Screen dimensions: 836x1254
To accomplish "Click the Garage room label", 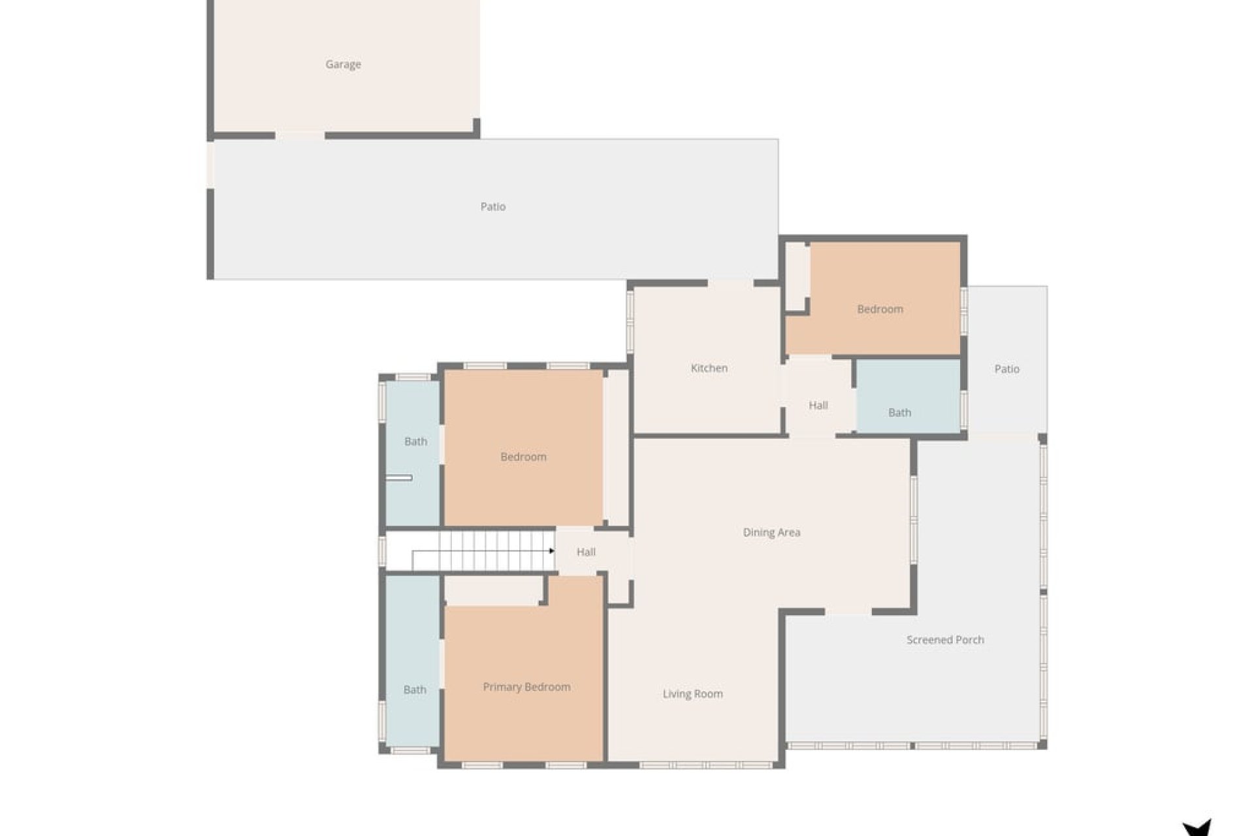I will tap(343, 64).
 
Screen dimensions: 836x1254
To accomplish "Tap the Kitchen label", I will tap(709, 368).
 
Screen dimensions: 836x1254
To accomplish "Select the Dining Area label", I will tap(771, 532).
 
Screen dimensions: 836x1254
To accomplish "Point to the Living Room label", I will tap(692, 694).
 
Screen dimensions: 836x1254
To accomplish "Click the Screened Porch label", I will tap(945, 640).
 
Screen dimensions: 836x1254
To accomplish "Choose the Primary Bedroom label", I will tap(526, 687).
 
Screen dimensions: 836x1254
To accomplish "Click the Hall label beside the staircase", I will tap(586, 552).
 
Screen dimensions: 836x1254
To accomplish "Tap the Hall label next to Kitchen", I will tap(818, 406).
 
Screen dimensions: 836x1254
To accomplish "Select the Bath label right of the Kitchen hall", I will tap(899, 413).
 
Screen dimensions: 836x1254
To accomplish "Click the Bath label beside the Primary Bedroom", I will tap(414, 690).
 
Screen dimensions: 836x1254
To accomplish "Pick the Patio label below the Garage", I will tap(492, 206).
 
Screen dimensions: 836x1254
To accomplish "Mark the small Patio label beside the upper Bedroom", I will tap(1006, 369).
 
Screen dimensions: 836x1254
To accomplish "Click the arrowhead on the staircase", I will tap(552, 551).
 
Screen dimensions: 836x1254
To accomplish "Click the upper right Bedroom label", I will tap(880, 309).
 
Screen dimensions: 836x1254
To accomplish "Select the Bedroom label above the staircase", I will tap(523, 457).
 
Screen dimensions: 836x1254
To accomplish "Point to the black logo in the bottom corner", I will tap(1197, 828).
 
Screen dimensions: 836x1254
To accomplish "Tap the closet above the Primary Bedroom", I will tap(493, 590).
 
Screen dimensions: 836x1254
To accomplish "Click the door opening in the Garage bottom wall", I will tap(300, 136).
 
